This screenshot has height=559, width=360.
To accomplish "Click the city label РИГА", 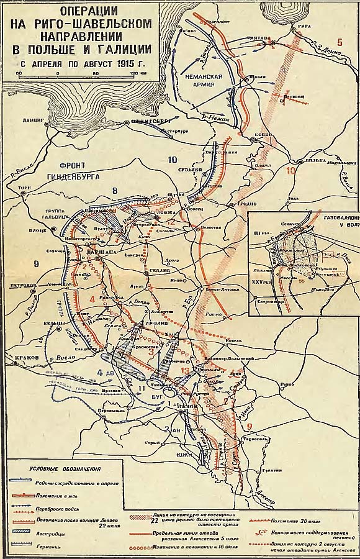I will click(304, 27).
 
